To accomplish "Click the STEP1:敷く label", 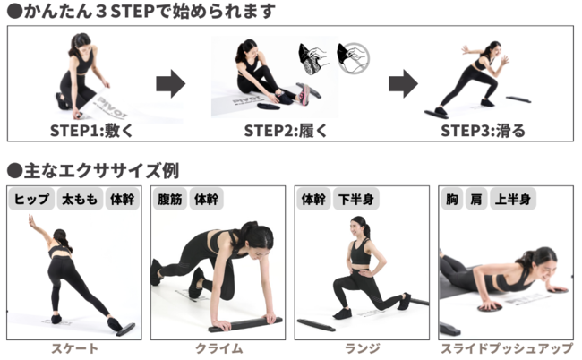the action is coord(91,131).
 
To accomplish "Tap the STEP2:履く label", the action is coord(286,131).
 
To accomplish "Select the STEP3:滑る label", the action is coord(483,131).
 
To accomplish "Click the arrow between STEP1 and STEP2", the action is coord(170,84).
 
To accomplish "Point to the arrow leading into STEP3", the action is coord(403,84).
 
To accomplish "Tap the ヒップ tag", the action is coord(31,200).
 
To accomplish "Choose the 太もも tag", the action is coord(80,200).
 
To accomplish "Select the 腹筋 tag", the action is coord(170,200).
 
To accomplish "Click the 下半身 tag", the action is coord(356,200).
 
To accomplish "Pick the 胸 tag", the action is coord(451,200).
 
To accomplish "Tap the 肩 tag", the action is coord(476,200).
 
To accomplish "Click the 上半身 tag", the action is coord(512,200).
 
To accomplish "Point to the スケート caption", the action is coord(74,349).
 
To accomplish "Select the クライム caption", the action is coord(219,349).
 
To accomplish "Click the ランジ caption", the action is coord(363,349).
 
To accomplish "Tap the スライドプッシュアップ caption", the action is coord(507,349).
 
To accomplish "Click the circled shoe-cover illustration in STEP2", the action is coord(354,58).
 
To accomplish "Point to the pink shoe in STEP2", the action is coord(304,95).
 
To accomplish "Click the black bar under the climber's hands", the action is coord(245,324).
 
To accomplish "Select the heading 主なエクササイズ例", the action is coord(93,170).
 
